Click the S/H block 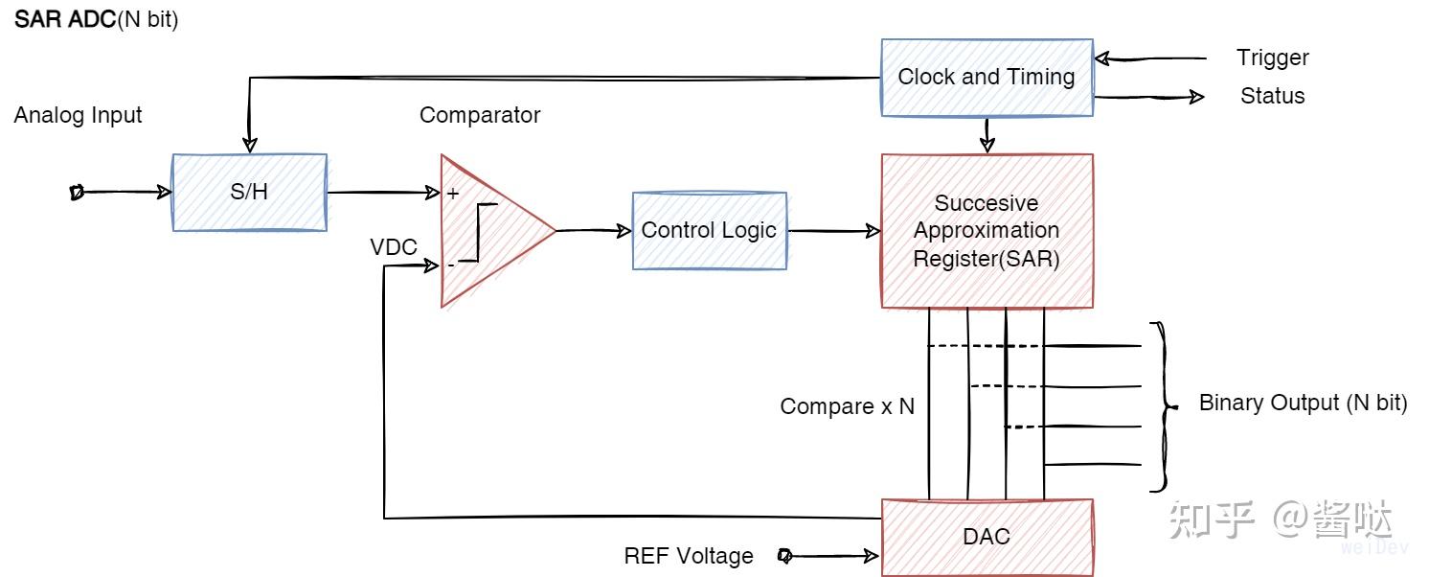249,192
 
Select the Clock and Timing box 987,78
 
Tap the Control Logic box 709,230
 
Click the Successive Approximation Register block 987,231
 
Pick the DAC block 987,537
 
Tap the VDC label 394,247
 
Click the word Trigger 1272,58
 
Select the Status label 1272,96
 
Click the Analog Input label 78,115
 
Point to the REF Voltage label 688,556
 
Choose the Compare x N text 847,406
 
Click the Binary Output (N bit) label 1303,403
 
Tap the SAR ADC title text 96,20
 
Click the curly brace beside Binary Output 1162,406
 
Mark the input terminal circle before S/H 78,193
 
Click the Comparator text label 479,115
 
